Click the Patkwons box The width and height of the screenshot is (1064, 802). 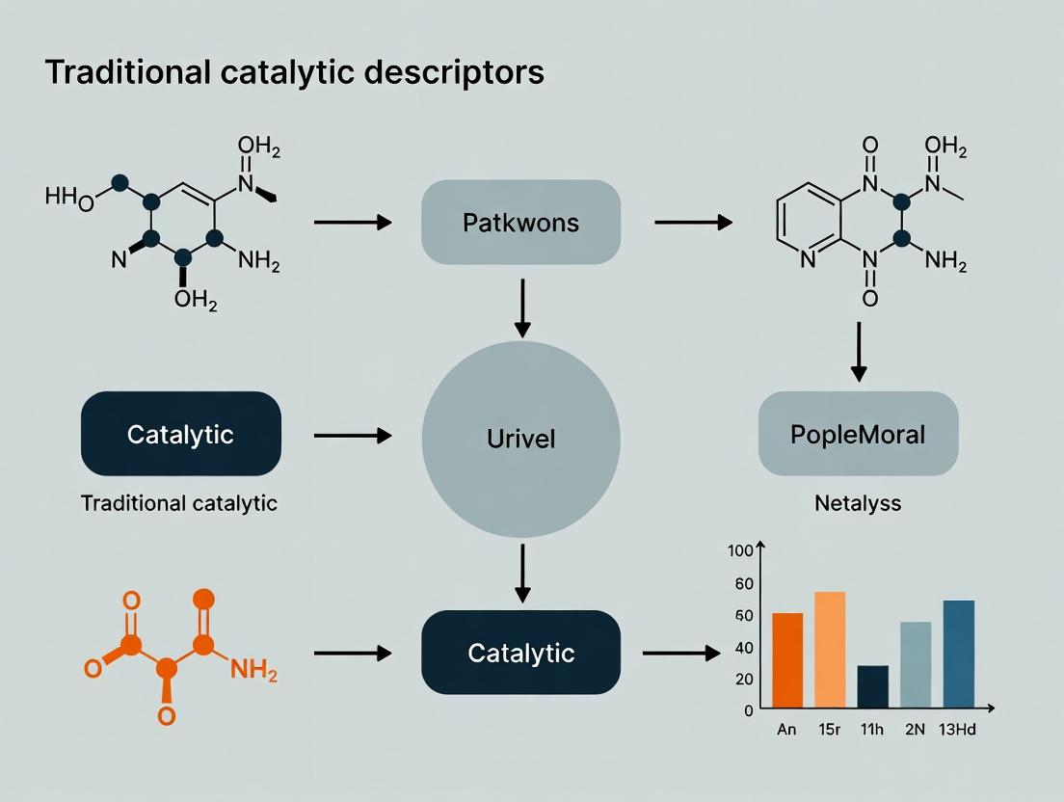(520, 222)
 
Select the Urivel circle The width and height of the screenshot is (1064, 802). (521, 439)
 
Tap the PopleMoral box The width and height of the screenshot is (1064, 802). (858, 434)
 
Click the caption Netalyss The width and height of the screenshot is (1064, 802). (858, 503)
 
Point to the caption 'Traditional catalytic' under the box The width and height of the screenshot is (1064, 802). (179, 503)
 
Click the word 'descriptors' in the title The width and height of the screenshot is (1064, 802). (454, 72)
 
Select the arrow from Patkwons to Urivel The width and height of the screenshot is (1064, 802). (521, 308)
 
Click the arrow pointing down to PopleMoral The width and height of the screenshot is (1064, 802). (859, 352)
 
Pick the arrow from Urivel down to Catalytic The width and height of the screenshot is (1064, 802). (521, 574)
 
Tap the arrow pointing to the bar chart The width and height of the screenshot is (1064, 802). (681, 653)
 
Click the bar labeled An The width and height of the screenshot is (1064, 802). (787, 660)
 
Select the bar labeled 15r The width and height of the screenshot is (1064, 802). (830, 650)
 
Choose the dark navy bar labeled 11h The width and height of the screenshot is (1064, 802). (872, 686)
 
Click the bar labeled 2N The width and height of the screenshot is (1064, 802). (916, 665)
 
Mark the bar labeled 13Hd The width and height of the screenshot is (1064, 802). (959, 655)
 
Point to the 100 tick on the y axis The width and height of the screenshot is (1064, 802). (740, 550)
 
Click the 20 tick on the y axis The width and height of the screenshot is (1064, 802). (744, 680)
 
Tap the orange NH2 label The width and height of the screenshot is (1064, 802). (253, 670)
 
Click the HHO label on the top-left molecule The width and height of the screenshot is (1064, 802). (69, 199)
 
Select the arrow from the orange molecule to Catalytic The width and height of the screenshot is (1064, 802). (353, 653)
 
